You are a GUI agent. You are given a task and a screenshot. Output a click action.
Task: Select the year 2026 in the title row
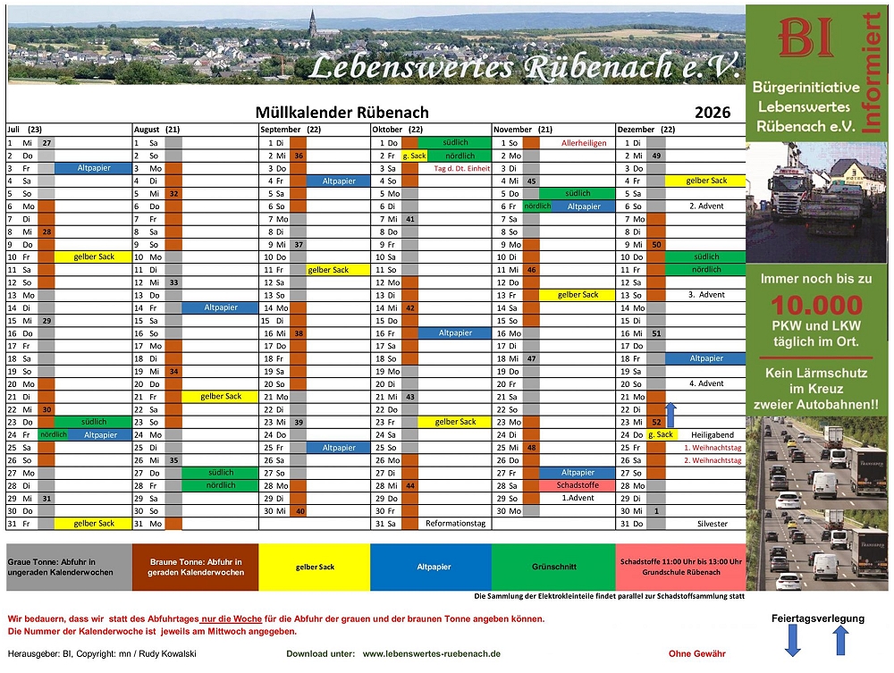(x=713, y=113)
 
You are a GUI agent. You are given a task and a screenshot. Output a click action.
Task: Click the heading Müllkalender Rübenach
(x=342, y=113)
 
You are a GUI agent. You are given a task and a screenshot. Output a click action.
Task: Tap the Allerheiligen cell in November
(x=584, y=143)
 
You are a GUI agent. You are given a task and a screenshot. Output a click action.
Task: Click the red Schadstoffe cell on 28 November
(x=577, y=485)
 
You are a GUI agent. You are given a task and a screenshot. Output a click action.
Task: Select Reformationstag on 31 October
(x=455, y=524)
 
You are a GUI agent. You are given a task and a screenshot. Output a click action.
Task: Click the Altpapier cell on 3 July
(x=94, y=168)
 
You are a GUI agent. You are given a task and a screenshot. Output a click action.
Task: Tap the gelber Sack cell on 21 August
(x=221, y=397)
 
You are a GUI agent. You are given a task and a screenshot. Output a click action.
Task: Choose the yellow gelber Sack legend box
(x=315, y=567)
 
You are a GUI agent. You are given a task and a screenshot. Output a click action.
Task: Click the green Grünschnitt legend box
(x=553, y=567)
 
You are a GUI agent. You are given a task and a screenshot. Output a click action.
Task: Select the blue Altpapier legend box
(x=434, y=567)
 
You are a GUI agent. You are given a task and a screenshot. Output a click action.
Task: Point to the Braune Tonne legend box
(x=195, y=567)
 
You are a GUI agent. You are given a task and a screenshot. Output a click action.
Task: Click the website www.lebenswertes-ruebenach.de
(x=431, y=654)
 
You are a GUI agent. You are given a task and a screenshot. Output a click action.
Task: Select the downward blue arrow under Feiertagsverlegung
(x=793, y=640)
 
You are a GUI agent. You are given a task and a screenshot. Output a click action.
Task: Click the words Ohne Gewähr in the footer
(x=696, y=654)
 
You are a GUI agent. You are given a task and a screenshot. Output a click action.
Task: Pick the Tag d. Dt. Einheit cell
(x=461, y=168)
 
